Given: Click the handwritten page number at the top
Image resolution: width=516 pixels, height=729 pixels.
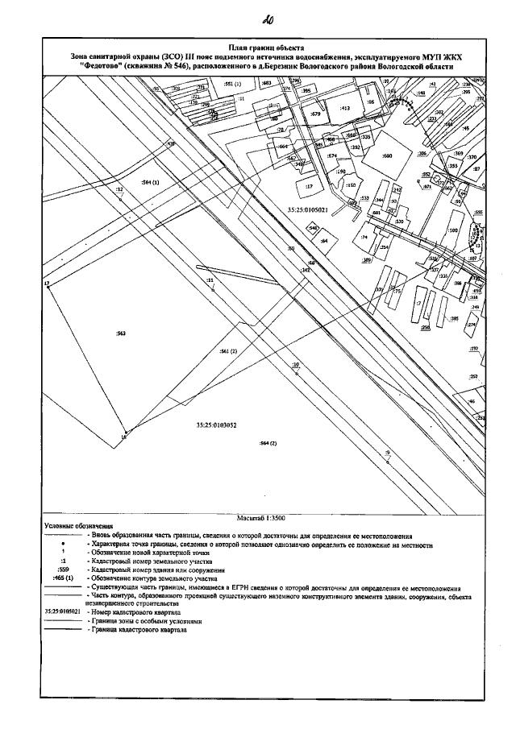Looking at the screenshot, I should click(267, 19).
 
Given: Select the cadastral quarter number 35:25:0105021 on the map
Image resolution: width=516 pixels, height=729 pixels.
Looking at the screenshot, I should click(306, 209).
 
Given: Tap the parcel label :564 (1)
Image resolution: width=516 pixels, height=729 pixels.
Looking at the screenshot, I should click(152, 183).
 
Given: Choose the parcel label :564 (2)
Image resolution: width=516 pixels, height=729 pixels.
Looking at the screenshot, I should click(268, 444).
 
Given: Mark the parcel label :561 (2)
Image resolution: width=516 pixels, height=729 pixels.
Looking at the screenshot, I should click(228, 352).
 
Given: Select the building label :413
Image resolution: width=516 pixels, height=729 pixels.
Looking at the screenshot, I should click(345, 107).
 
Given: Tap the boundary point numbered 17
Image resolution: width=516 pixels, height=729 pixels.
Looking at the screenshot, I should click(48, 284).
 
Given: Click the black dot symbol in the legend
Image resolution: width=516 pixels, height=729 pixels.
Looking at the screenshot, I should click(63, 545).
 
